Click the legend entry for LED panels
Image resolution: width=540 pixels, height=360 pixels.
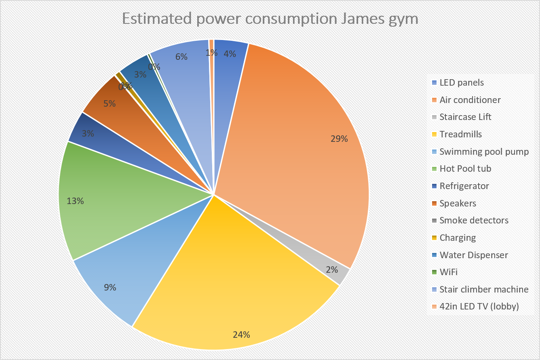click(462, 83)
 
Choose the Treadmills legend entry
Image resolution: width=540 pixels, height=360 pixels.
click(460, 135)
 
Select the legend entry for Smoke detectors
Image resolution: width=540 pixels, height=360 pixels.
click(474, 221)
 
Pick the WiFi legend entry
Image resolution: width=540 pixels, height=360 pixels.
click(449, 272)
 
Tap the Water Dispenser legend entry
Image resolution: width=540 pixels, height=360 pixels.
click(474, 255)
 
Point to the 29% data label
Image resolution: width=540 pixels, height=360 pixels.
click(339, 139)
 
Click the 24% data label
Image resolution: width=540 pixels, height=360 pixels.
click(241, 335)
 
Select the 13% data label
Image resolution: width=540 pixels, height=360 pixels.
click(75, 201)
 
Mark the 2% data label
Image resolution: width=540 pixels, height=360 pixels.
click(332, 269)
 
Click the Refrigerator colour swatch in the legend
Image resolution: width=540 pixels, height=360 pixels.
click(434, 186)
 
